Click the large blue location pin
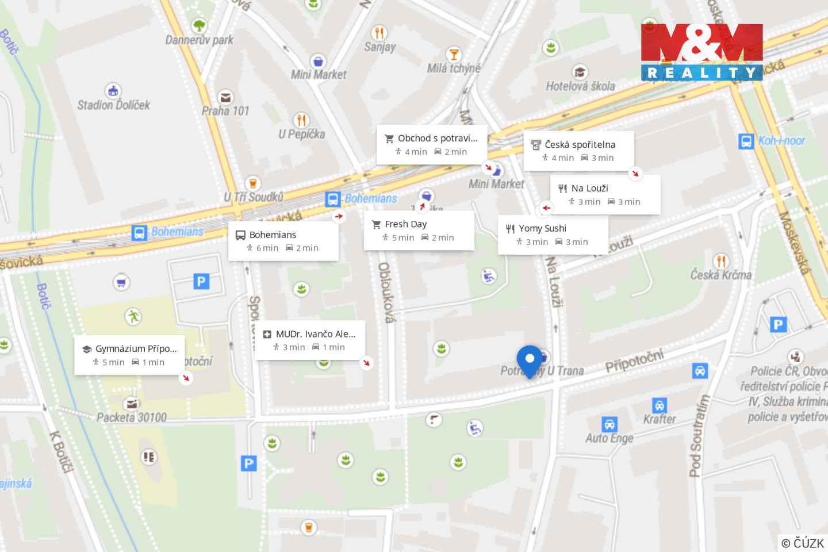click(x=530, y=360)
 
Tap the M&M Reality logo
click(x=701, y=52)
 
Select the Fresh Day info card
click(x=419, y=231)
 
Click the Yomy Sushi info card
click(x=553, y=235)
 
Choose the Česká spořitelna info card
click(x=578, y=151)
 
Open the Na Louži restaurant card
click(x=605, y=194)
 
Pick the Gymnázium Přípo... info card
click(x=129, y=355)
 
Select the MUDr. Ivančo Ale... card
click(x=310, y=340)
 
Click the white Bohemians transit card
click(x=283, y=241)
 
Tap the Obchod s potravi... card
click(x=432, y=144)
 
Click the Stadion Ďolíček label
click(x=114, y=105)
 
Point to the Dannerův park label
click(x=200, y=40)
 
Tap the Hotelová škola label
click(x=580, y=86)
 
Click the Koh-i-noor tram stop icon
click(x=746, y=141)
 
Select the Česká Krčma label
click(x=721, y=275)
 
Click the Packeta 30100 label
click(x=132, y=417)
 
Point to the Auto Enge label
click(x=609, y=438)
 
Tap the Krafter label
click(x=660, y=419)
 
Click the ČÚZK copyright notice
click(x=803, y=543)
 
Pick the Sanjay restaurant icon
click(x=379, y=33)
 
